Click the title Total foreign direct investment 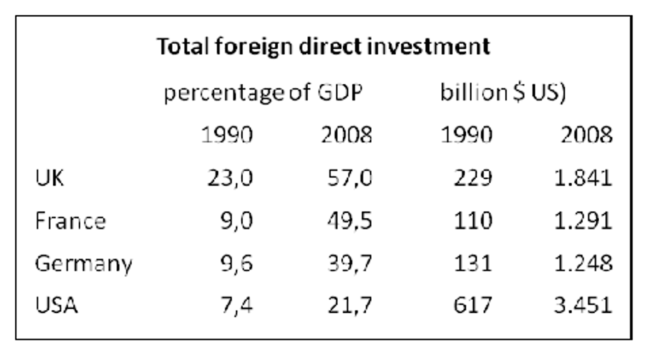pos(323,47)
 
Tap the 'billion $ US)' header pos(503,93)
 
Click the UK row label pos(49,178)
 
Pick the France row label pos(71,221)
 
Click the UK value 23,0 pos(230,178)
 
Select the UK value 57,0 pos(349,178)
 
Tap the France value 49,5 pos(349,221)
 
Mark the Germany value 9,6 pos(236,264)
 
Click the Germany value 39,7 pos(349,264)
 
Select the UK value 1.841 pos(582,178)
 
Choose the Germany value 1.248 pos(582,264)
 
